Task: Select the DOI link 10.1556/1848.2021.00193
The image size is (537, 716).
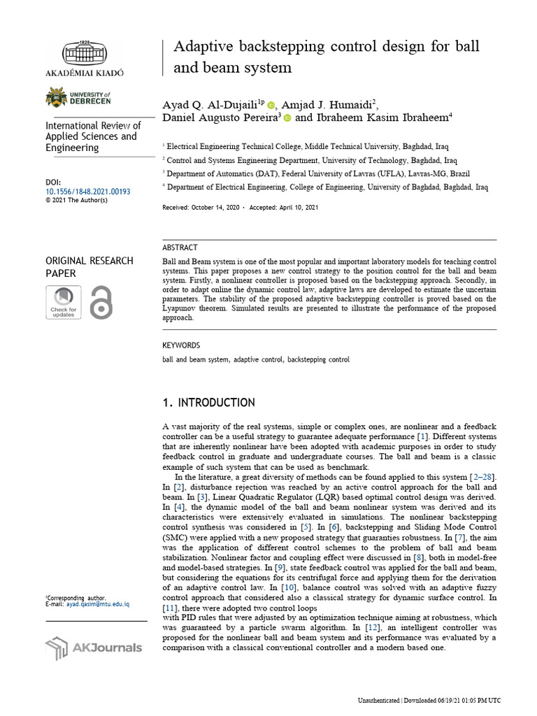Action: pos(87,191)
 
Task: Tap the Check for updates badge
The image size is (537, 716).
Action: pos(63,302)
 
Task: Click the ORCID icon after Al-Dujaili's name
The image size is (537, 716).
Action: pos(271,105)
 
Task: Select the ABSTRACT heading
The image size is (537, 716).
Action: pos(180,248)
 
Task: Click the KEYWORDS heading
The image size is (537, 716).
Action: pos(181,345)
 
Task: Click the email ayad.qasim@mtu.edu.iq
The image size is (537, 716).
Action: pos(98,604)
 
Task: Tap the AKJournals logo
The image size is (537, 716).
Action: pos(93,647)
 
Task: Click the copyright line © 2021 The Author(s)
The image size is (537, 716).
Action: pos(76,200)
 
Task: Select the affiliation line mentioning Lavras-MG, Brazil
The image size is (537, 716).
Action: pos(308,173)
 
